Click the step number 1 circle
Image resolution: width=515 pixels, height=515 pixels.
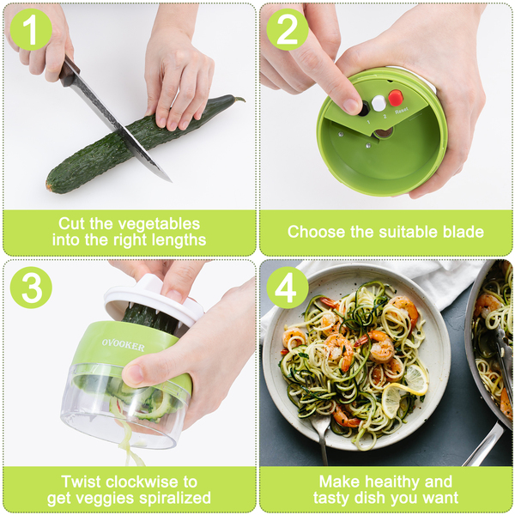tap(31, 29)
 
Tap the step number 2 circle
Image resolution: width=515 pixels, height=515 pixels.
tap(288, 29)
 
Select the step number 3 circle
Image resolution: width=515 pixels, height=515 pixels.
tap(31, 288)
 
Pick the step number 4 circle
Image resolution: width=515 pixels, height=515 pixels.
tap(288, 288)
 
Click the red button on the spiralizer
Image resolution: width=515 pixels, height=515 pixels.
tap(396, 98)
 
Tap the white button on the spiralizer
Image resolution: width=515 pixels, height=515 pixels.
tap(379, 103)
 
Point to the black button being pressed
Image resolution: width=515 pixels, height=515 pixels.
tap(364, 109)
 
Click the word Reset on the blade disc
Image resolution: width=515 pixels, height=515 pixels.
tap(402, 111)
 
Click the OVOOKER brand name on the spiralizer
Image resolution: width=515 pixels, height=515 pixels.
tap(123, 345)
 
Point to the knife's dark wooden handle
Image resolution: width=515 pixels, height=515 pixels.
tap(69, 71)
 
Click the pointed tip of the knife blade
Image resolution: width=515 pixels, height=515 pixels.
tap(172, 181)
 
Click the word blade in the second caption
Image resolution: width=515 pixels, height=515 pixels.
tap(463, 232)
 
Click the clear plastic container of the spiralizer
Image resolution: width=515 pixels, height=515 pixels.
tap(124, 407)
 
